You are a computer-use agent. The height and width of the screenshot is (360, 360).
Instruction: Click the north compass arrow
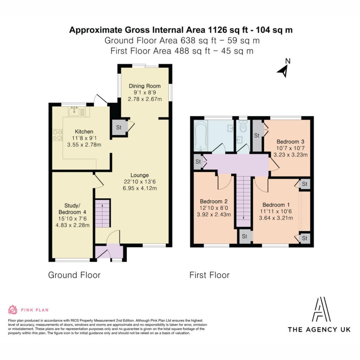[x=283, y=71]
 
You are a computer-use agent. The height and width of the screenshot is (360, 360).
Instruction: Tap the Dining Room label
[x=144, y=86]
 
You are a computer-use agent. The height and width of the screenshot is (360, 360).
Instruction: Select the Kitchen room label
[x=84, y=131]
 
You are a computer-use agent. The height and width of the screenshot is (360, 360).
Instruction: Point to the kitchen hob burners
[x=57, y=135]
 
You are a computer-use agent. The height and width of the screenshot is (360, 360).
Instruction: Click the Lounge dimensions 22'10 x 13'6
[x=140, y=182]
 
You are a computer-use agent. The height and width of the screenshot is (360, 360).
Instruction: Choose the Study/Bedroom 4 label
[x=72, y=209]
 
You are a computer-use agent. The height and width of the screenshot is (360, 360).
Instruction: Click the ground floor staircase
[x=103, y=213]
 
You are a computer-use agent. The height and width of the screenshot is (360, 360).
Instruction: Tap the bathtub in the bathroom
[x=201, y=136]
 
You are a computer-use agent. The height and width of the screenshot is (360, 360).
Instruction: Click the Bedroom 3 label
[x=290, y=142]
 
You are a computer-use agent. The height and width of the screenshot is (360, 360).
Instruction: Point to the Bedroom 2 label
[x=214, y=201]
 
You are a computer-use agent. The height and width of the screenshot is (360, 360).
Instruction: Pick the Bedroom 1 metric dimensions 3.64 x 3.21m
[x=276, y=218]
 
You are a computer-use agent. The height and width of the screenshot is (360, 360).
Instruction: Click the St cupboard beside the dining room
[x=119, y=127]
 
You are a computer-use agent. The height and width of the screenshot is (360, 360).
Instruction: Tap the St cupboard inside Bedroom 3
[x=257, y=136]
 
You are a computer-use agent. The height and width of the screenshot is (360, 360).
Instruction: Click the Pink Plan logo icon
[x=13, y=310]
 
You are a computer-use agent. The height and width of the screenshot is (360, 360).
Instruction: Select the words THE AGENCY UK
[x=319, y=330]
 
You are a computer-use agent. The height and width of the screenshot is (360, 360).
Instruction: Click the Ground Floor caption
[x=74, y=275]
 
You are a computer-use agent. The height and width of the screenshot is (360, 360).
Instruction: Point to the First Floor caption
[x=210, y=275]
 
